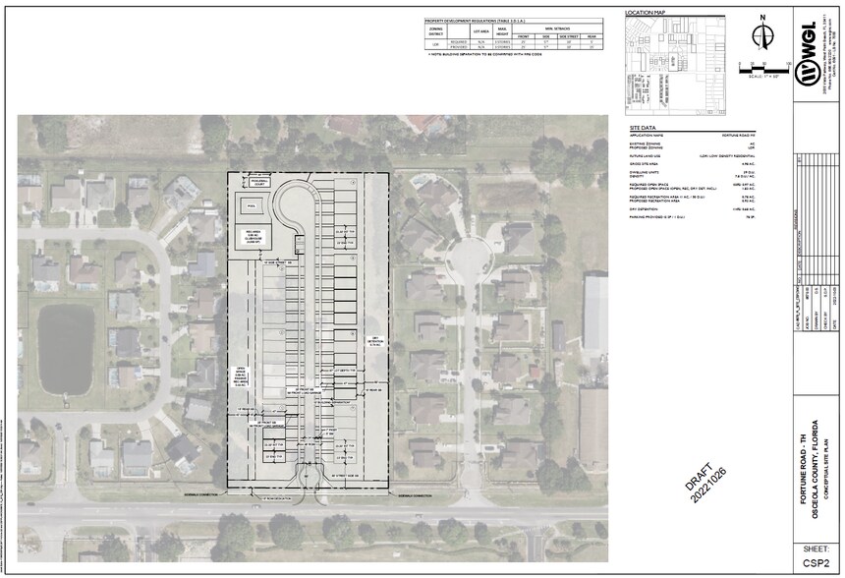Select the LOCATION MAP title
tap(647, 12)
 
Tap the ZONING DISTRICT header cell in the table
tap(436, 31)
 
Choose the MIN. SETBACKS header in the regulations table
tap(554, 28)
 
